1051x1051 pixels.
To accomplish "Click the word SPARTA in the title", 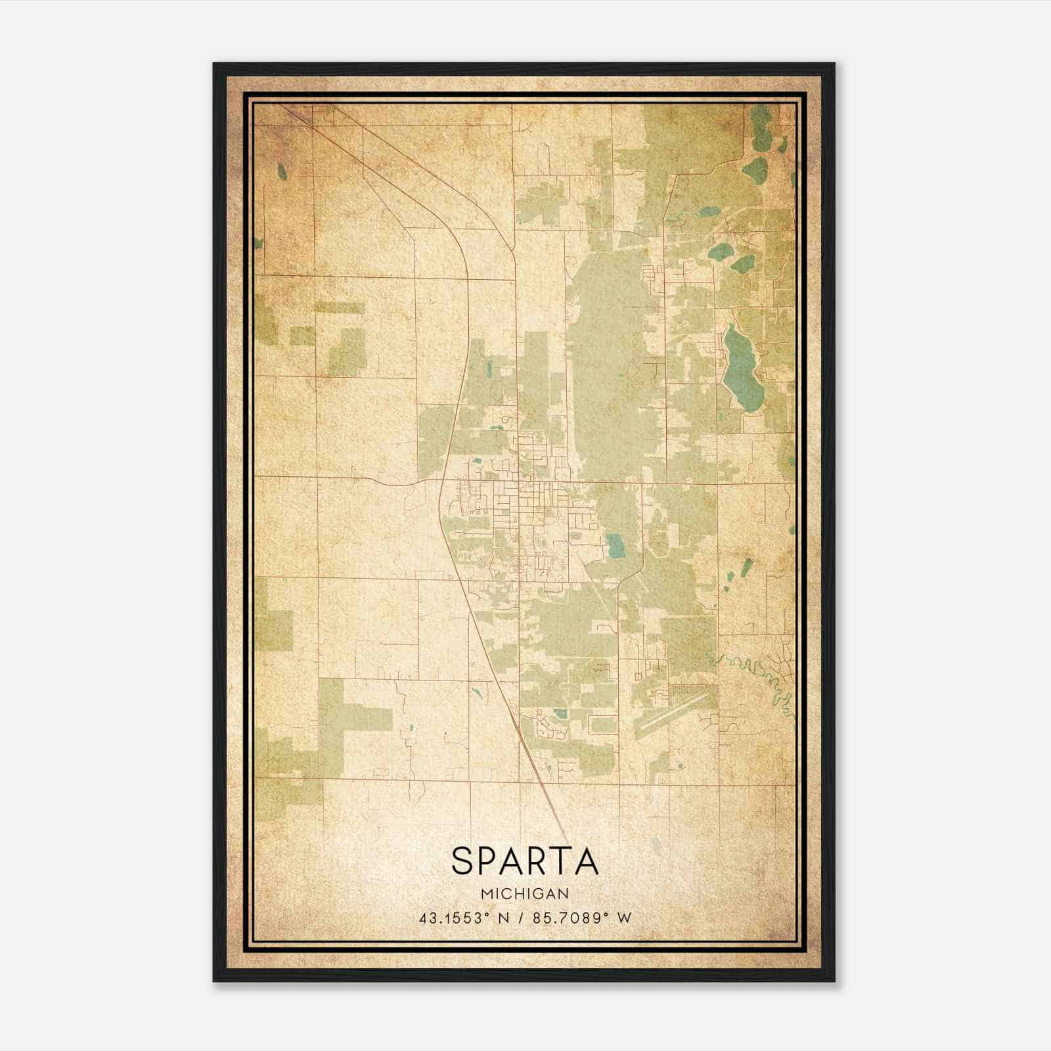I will coord(525,861).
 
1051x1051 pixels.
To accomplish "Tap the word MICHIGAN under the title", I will coord(525,894).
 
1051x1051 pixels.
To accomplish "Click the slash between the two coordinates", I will coord(520,918).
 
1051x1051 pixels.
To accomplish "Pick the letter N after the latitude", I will coord(504,918).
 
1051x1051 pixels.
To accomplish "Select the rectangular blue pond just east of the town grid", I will coord(615,545).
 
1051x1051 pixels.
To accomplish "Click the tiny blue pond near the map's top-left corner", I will coord(282,171).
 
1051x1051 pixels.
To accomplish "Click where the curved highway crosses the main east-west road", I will coord(441,481).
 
